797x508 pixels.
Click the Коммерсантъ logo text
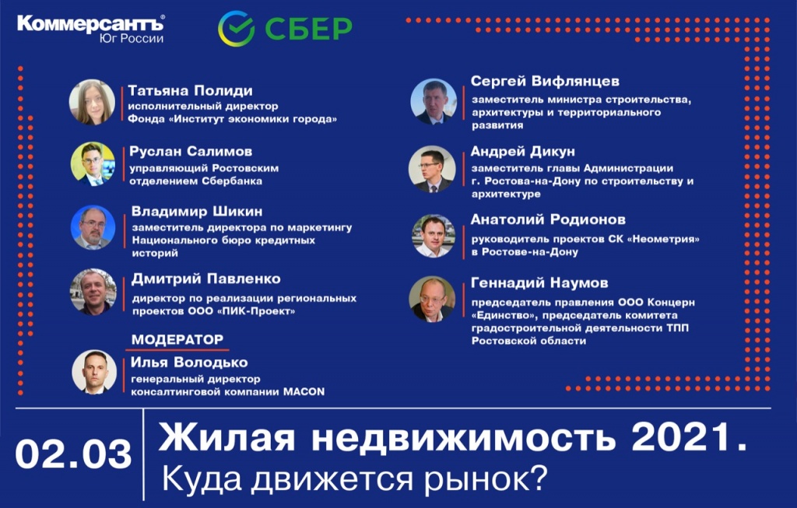[x=90, y=24]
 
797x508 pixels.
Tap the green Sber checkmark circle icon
[x=236, y=29]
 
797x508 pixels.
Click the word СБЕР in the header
[x=308, y=29]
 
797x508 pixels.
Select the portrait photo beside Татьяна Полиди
[x=92, y=102]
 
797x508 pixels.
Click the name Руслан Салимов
[x=191, y=152]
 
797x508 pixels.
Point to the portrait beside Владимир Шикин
[x=93, y=228]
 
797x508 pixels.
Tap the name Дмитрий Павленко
[x=205, y=279]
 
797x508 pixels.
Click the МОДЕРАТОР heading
[x=177, y=339]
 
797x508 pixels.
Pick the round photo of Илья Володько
[x=94, y=372]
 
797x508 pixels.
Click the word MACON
[x=304, y=391]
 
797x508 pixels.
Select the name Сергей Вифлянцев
[x=545, y=81]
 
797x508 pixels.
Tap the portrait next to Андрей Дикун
[x=432, y=169]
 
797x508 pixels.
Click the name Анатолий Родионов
[x=548, y=219]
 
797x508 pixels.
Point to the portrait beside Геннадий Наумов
[x=432, y=300]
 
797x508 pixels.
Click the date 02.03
[x=74, y=454]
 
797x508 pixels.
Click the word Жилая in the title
[x=226, y=437]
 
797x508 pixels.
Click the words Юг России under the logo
[x=132, y=39]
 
